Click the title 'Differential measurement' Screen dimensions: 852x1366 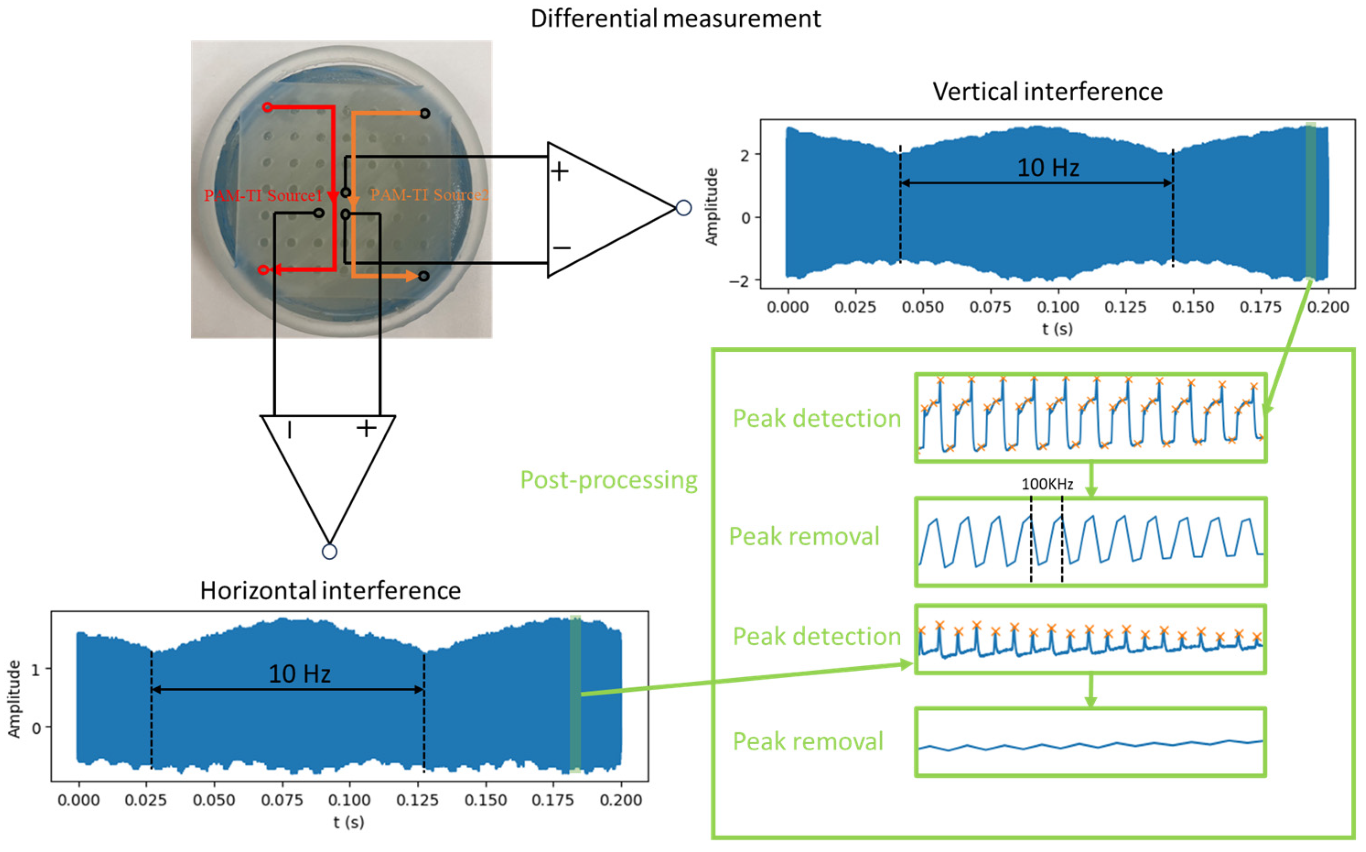pos(675,19)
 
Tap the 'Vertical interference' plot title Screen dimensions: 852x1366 pos(1047,92)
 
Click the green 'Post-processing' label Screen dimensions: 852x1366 pos(608,480)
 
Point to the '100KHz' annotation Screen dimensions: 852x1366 pos(1047,484)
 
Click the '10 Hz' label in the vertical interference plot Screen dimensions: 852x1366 pos(1048,167)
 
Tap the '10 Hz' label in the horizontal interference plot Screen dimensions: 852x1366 pos(299,674)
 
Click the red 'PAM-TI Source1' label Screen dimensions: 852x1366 pos(263,195)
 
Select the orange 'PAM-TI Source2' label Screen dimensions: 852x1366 pos(429,195)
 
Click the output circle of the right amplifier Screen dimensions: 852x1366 pos(683,208)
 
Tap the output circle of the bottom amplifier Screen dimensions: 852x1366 pos(329,551)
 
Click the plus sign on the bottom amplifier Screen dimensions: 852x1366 pos(366,428)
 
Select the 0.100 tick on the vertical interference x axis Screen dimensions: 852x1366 pos(1058,307)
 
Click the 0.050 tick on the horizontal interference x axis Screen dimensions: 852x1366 pos(214,800)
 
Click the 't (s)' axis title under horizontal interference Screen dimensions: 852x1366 pos(349,822)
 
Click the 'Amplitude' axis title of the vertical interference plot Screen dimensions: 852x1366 pos(712,206)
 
